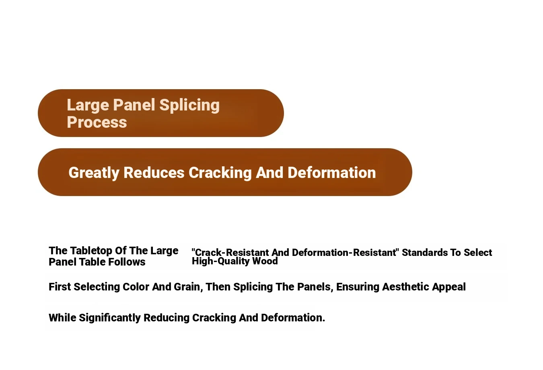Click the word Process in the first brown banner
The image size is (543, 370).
tap(97, 122)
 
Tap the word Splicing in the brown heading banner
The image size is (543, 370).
tap(189, 105)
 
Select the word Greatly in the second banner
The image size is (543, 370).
tap(94, 173)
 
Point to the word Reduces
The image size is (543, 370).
tap(154, 173)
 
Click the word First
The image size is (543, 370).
tap(60, 287)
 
